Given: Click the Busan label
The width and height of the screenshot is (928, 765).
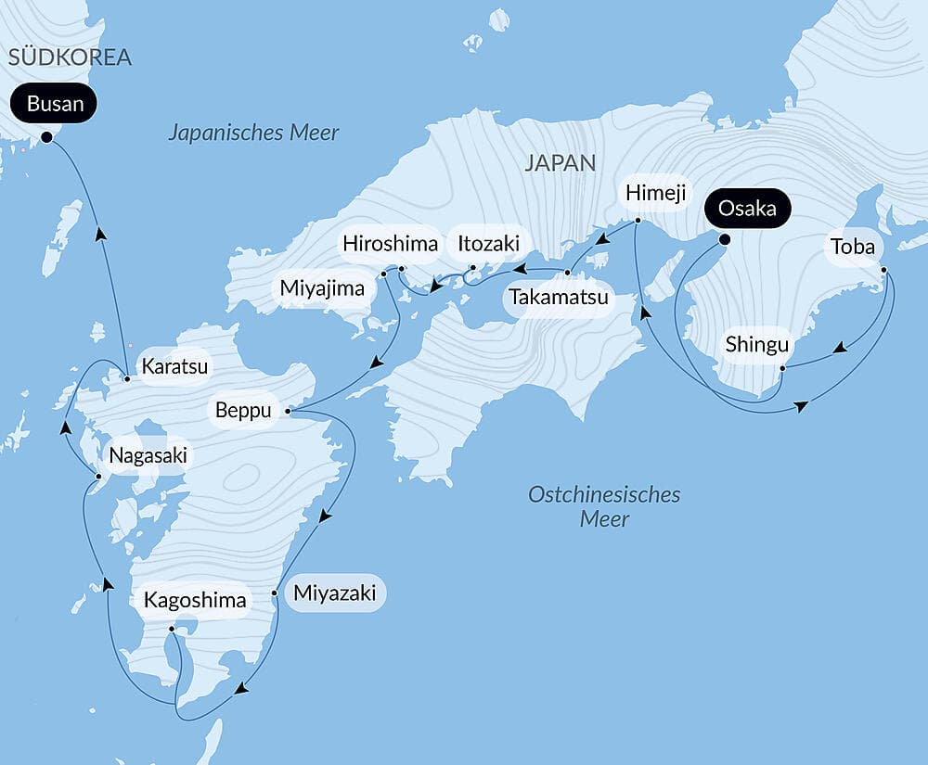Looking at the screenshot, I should point(55,104).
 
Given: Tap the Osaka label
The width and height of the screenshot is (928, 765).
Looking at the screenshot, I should point(747,208).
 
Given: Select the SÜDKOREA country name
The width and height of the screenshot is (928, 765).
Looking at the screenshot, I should point(70,57).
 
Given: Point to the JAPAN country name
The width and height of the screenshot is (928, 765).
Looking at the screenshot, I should point(560,163).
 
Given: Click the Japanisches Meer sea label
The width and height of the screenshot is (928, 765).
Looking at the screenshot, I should point(253,133).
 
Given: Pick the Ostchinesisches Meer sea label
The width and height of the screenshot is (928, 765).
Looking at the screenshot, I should point(604,506).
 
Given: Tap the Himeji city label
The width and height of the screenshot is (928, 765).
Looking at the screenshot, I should point(654,192).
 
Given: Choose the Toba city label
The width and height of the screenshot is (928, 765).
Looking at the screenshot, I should point(853,247).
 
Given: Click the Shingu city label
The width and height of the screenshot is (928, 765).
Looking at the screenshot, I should point(757,345).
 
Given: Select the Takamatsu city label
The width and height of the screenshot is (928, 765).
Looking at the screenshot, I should point(558,298).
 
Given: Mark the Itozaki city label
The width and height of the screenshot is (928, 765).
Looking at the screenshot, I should point(489,244).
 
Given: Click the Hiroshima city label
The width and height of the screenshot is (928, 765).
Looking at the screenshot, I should point(390,244).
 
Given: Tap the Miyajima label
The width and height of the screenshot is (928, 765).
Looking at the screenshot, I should point(323,288).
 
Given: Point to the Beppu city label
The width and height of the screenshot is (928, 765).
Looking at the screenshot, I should point(243,410).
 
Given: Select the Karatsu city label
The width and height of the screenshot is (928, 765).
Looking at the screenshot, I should point(174,366).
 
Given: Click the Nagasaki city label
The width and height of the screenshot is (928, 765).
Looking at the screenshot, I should point(148,455).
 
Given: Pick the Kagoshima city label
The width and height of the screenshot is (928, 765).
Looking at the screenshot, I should point(195,600).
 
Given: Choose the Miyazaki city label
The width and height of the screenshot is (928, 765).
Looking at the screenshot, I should point(334,593).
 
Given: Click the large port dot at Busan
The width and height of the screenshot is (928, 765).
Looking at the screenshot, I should point(46,137).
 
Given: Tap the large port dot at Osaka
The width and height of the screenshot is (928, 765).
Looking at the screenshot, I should point(725,239).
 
